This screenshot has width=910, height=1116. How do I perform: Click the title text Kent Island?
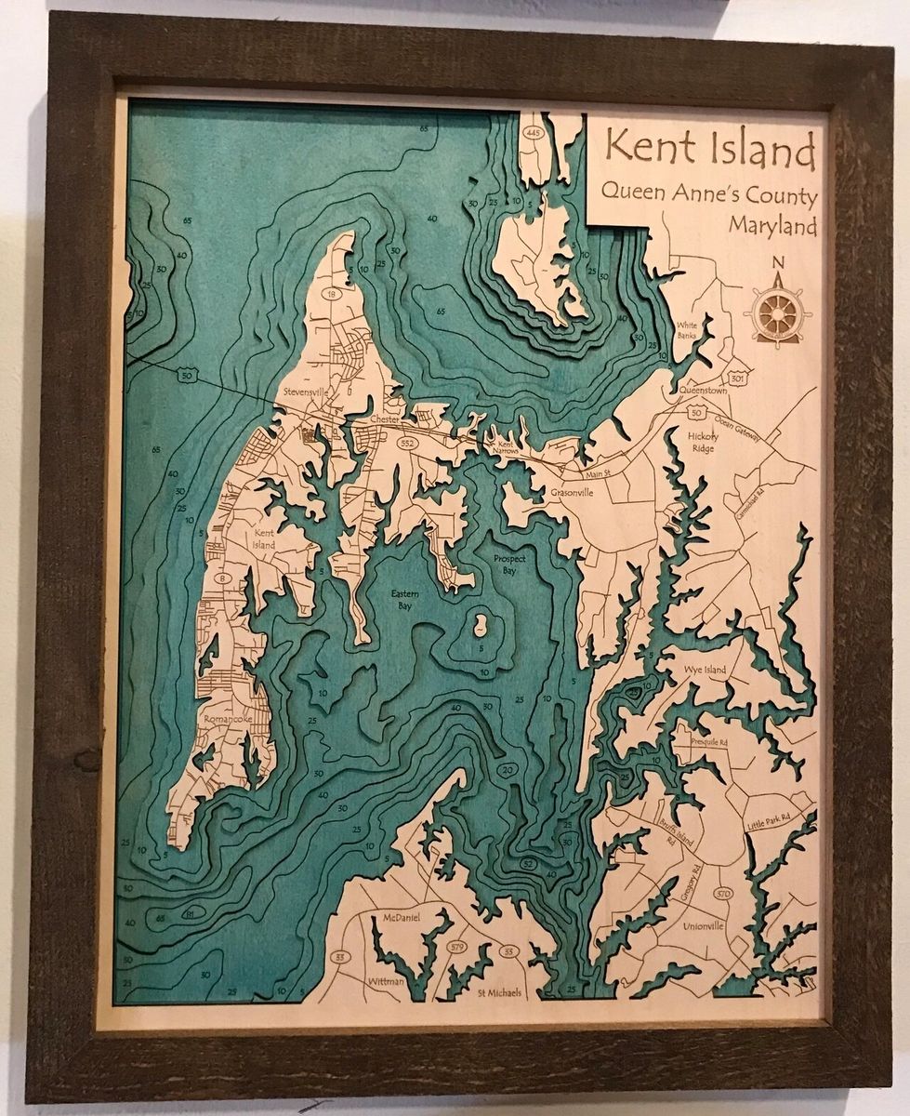click(709, 150)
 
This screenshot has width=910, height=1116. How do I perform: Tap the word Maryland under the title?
click(772, 225)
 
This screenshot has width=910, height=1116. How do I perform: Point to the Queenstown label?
click(703, 392)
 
